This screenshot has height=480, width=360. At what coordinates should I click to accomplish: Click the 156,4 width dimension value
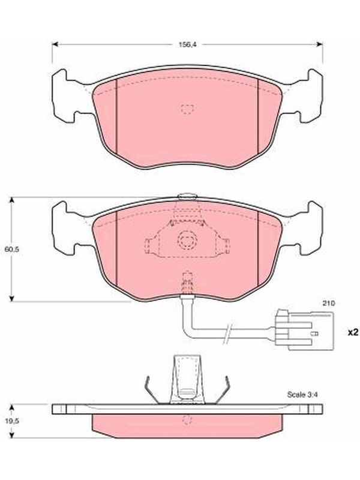[187, 44]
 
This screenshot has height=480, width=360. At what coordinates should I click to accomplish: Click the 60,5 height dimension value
[12, 249]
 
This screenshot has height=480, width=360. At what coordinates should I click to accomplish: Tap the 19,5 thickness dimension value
[12, 421]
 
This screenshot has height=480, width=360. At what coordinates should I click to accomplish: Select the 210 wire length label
[329, 304]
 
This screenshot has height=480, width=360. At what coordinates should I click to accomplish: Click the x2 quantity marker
[353, 332]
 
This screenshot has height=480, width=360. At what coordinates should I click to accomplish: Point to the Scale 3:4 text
[302, 395]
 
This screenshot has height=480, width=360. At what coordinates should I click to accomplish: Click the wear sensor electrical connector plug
[304, 329]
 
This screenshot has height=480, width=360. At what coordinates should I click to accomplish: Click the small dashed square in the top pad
[187, 109]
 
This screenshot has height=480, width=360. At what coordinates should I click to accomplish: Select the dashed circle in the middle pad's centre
[187, 239]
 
